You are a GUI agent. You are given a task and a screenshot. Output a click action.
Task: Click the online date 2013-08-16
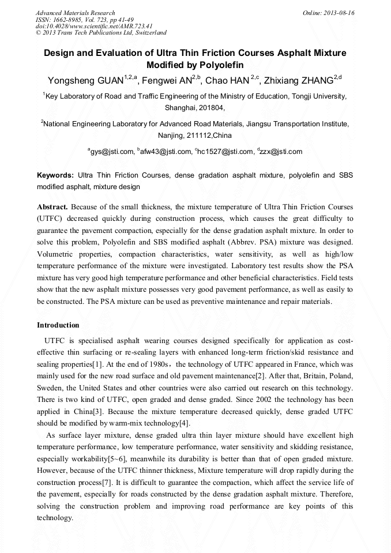(x=340, y=13)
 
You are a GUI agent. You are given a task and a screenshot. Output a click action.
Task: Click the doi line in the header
(x=94, y=27)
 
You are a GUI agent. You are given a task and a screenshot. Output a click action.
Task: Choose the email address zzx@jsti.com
(x=281, y=152)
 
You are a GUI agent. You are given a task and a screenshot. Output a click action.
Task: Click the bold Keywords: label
(x=55, y=175)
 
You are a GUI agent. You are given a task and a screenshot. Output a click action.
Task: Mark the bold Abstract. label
(x=52, y=206)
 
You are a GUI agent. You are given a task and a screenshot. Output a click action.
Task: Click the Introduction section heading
(x=58, y=325)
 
